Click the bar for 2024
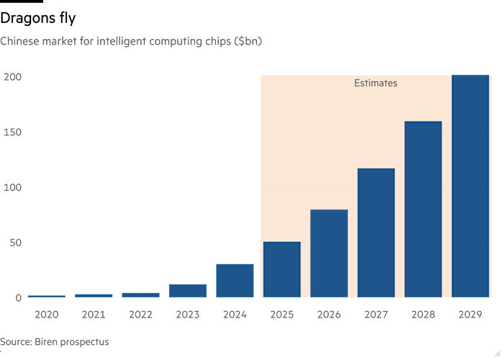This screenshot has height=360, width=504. point(235,280)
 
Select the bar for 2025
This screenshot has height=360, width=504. point(282,269)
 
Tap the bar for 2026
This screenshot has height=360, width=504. point(329,253)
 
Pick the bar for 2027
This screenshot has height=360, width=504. point(376,233)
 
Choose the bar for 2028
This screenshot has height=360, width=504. point(423,209)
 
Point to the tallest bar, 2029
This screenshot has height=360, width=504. point(470,185)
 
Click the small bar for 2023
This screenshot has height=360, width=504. point(188,290)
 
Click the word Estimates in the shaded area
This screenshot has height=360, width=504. point(375,84)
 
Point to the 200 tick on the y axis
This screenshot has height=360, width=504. point(13,77)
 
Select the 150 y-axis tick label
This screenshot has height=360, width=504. point(13,132)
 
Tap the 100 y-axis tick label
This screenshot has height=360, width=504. point(13,187)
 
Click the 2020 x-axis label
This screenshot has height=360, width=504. point(46,315)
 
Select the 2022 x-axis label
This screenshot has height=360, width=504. point(140,315)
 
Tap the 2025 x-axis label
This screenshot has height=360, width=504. point(282,315)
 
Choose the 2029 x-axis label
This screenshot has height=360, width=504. point(470,315)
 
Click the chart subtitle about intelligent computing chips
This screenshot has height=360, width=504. point(131,42)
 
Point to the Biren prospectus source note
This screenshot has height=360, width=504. point(55,342)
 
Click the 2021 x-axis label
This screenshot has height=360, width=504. point(94,315)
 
